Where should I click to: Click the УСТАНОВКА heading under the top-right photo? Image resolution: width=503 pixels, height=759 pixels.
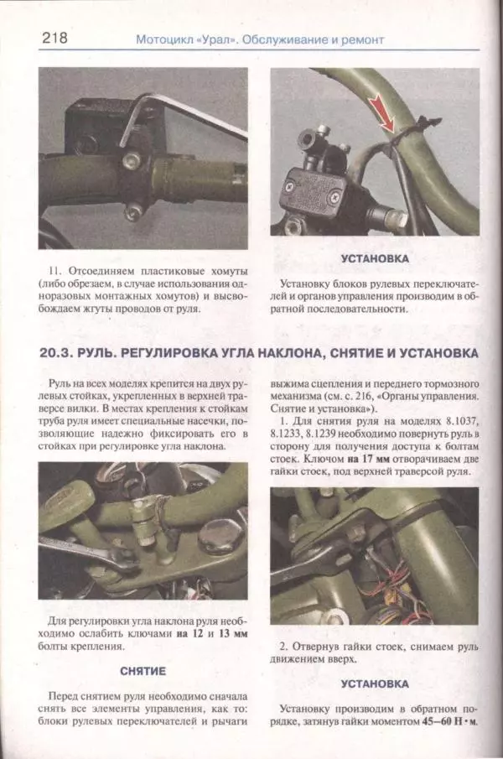[x=374, y=260]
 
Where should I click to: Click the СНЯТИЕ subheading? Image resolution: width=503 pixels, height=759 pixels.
[x=143, y=672]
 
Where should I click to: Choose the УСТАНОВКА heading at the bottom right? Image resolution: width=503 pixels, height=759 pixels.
[x=374, y=684]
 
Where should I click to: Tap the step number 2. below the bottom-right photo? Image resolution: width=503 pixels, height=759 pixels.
[x=283, y=647]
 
